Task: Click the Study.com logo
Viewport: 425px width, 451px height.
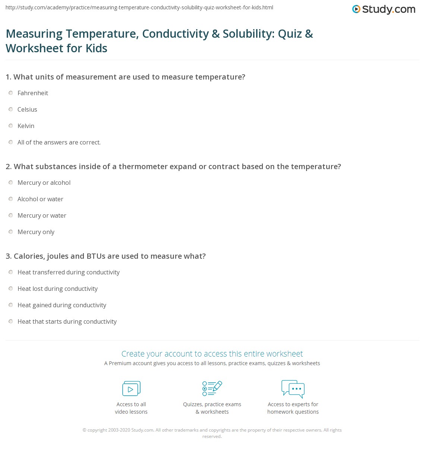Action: pos(384,9)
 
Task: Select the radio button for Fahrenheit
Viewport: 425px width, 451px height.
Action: pos(11,93)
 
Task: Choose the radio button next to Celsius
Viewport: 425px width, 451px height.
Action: pos(11,109)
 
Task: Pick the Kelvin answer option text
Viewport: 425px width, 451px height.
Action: pos(26,126)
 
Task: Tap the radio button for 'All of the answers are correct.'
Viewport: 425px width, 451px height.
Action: pos(11,142)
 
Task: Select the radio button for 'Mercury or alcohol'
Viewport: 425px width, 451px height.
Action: pos(11,183)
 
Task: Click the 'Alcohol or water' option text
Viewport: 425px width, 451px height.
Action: pos(40,199)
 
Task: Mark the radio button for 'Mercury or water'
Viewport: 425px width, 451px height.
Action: pos(11,215)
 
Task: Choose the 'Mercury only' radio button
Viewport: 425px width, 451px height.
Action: pos(11,232)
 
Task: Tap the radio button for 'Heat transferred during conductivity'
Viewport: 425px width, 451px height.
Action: pos(11,272)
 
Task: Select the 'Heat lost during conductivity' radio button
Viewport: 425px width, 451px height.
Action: pos(11,289)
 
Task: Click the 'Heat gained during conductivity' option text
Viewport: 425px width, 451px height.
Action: pos(62,305)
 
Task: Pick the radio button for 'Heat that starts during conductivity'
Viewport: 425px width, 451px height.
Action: pos(11,321)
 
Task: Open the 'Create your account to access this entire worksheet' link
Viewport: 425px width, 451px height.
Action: pos(212,354)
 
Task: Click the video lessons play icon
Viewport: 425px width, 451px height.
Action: pos(131,389)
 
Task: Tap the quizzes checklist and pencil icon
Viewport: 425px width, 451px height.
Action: pos(212,388)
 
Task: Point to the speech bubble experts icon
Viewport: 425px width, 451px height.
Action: pos(293,388)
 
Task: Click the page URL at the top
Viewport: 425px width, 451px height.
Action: pos(139,7)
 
